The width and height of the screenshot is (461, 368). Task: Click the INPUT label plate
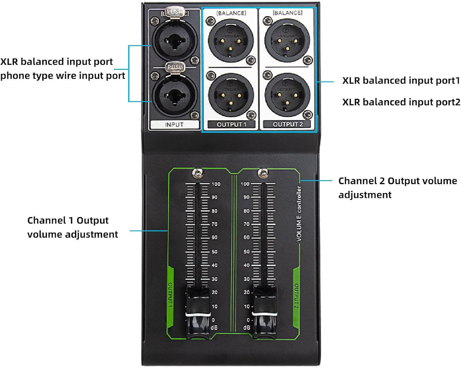tap(174, 124)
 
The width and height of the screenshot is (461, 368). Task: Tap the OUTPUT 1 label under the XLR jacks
tap(232, 124)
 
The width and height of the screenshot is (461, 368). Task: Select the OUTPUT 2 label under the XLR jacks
tap(287, 124)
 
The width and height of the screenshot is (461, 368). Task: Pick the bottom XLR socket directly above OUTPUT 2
tap(287, 95)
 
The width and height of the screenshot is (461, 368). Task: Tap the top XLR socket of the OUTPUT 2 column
tap(287, 40)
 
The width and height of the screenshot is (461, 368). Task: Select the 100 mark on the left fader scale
tap(216, 184)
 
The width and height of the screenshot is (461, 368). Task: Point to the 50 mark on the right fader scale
tap(247, 252)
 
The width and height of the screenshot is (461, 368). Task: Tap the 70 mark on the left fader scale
tap(214, 224)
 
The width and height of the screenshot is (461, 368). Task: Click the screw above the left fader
tap(198, 173)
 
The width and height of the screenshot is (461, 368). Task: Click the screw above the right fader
tap(263, 173)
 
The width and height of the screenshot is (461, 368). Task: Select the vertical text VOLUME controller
tap(299, 214)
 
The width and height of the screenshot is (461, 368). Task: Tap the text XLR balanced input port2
tap(401, 102)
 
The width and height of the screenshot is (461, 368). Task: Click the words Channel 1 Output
tap(68, 220)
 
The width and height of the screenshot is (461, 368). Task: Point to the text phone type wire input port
tap(63, 76)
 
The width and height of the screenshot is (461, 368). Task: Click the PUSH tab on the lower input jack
tap(175, 67)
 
